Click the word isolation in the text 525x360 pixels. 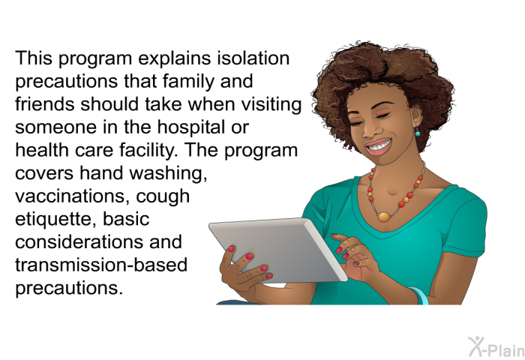point(253,58)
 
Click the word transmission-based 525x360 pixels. point(101,265)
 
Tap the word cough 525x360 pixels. point(163,197)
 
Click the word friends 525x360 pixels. point(45,104)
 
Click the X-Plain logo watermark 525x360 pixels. point(496,346)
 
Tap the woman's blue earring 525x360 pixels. point(418,132)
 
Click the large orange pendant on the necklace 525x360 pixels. point(384,217)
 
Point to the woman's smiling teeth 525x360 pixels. point(379,145)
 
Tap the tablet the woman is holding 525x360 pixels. point(278,250)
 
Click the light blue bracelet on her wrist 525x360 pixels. point(419,295)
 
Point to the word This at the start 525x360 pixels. point(34,58)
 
